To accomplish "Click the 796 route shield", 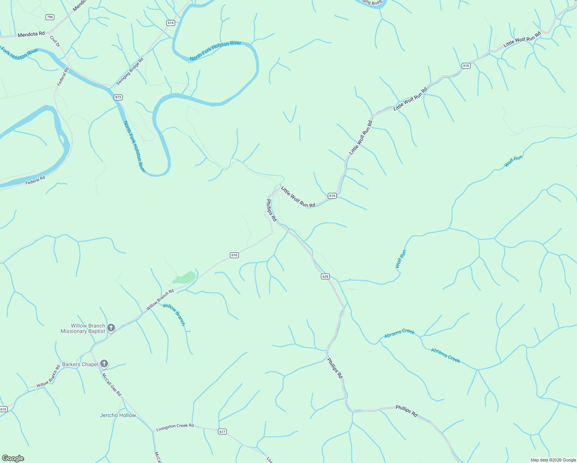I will tap(50, 17).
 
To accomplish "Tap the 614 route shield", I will tap(170, 23).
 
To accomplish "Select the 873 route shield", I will tap(118, 97).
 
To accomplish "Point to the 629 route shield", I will tap(325, 276).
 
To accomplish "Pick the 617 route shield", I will tap(222, 431).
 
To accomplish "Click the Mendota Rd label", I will tap(31, 34).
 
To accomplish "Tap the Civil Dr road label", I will tap(55, 41).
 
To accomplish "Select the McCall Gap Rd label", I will tap(112, 384).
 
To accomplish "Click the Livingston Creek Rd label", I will tap(175, 428).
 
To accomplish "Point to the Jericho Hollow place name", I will tap(118, 415).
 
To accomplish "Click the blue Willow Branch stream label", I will tap(174, 314).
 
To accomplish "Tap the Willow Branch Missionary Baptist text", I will tap(83, 328).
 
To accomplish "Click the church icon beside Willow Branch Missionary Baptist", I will tap(111, 328).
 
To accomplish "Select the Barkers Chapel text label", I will tap(80, 364).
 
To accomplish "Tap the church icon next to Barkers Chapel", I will tap(104, 363).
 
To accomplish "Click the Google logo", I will tap(13, 458).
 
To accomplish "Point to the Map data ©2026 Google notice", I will tap(553, 460).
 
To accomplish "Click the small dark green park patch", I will tap(185, 278).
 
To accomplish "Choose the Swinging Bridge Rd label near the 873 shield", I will tap(130, 71).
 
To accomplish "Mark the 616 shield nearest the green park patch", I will tap(234, 255).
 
